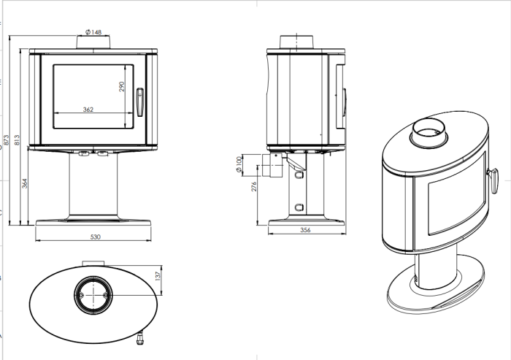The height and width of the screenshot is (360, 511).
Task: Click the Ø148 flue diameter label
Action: pyautogui.click(x=93, y=32)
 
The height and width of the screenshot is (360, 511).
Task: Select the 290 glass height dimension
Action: pyautogui.click(x=123, y=86)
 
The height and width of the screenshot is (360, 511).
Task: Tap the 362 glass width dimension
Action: pyautogui.click(x=88, y=110)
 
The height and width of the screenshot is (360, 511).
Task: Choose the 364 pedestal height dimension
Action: pyautogui.click(x=25, y=183)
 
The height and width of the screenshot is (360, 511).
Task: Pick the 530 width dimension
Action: pyautogui.click(x=94, y=237)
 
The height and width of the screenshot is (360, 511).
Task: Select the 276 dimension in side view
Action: pyautogui.click(x=254, y=187)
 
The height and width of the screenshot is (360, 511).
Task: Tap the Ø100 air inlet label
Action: pyautogui.click(x=239, y=164)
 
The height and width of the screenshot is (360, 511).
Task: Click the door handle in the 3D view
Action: pyautogui.click(x=493, y=177)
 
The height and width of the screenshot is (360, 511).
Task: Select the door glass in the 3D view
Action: pyautogui.click(x=450, y=210)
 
